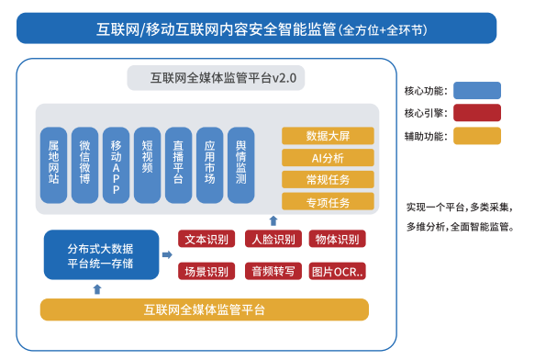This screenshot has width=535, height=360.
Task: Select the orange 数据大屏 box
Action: [x=328, y=135]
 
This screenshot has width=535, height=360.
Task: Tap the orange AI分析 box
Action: [x=328, y=157]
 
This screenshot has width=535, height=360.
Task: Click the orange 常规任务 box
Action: [x=328, y=179]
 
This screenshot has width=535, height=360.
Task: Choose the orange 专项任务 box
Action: [x=328, y=201]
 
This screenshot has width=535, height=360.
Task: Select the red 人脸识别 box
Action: [x=273, y=240]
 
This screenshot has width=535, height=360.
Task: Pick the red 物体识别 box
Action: [x=338, y=240]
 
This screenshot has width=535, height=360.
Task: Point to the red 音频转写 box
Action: [x=273, y=271]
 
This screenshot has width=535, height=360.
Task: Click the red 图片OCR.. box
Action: [x=338, y=271]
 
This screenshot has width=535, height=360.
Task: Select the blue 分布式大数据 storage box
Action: [x=101, y=255]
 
